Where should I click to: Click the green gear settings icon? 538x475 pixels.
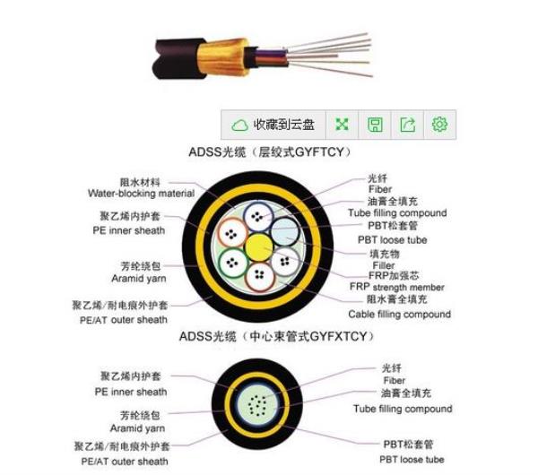point(439,125)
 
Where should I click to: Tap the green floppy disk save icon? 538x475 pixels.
point(375,125)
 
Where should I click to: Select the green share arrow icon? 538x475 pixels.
point(408,125)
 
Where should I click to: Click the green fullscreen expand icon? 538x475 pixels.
point(342,125)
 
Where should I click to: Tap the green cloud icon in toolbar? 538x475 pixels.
point(239,125)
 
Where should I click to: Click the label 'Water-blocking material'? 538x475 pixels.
point(141,194)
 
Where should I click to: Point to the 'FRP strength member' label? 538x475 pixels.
point(397,287)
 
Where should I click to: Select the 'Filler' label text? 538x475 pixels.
point(384,265)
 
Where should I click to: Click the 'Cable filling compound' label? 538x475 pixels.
point(399,315)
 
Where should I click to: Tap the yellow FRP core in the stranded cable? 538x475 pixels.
point(259,246)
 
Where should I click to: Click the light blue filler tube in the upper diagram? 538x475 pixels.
point(285,231)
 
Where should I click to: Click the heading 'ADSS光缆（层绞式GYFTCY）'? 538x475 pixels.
point(270,152)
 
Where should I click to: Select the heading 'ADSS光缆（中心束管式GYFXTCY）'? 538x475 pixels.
point(277,336)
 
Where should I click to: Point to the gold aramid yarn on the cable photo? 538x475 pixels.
point(223,57)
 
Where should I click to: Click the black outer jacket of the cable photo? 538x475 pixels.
point(178,59)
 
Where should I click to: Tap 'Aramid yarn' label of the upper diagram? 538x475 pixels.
point(139,279)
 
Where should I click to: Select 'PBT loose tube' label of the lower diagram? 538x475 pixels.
point(412,459)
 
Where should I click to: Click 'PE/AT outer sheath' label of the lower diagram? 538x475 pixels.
point(125,462)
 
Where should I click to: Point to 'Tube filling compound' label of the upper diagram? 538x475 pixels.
point(397,213)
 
